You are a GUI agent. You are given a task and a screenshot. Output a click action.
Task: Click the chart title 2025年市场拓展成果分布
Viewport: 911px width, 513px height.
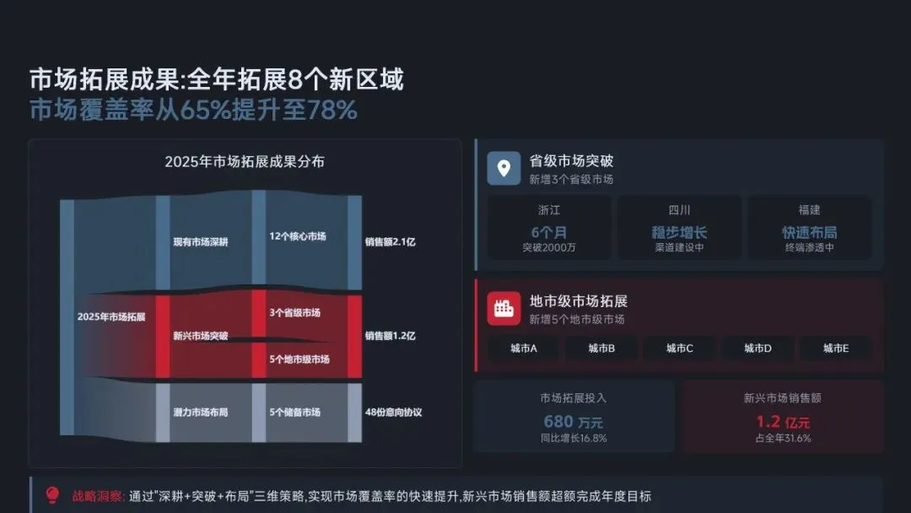click(244, 162)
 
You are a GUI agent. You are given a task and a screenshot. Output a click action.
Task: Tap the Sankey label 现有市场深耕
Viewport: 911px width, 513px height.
click(200, 242)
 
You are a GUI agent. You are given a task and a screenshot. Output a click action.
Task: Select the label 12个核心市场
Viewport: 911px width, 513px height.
click(298, 237)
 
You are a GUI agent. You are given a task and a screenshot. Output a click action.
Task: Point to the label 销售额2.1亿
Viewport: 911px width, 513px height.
click(391, 242)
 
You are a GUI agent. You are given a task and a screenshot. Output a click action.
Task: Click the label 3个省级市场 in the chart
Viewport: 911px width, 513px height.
click(295, 313)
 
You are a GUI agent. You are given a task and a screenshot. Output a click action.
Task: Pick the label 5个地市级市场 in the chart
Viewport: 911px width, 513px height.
click(299, 359)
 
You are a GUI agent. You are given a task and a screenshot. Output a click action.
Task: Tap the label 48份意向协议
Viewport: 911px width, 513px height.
click(393, 413)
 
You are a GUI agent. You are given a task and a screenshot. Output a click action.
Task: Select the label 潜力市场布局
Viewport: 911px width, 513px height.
click(200, 413)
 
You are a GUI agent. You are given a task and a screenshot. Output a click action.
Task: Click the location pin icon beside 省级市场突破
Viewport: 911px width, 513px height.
click(504, 168)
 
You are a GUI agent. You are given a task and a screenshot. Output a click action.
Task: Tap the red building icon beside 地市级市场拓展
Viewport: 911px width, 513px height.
click(504, 308)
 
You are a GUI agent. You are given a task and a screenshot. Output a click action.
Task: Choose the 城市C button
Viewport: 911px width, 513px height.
click(679, 348)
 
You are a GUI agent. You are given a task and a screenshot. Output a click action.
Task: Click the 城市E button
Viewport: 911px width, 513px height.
click(836, 348)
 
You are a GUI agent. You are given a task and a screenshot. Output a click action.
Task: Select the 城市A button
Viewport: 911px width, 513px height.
click(524, 348)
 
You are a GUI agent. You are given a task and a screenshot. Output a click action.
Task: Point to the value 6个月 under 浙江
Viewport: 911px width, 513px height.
click(549, 232)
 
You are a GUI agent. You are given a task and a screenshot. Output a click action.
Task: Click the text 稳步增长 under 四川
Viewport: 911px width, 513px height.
click(679, 232)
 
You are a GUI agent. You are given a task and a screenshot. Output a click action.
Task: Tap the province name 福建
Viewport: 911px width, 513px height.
click(809, 210)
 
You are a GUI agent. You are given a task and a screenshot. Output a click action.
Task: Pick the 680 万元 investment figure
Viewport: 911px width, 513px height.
click(573, 421)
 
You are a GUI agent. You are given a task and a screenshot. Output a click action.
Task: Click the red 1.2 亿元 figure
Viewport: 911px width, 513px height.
click(782, 421)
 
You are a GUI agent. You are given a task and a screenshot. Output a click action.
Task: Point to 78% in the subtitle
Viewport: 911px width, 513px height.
click(332, 111)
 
